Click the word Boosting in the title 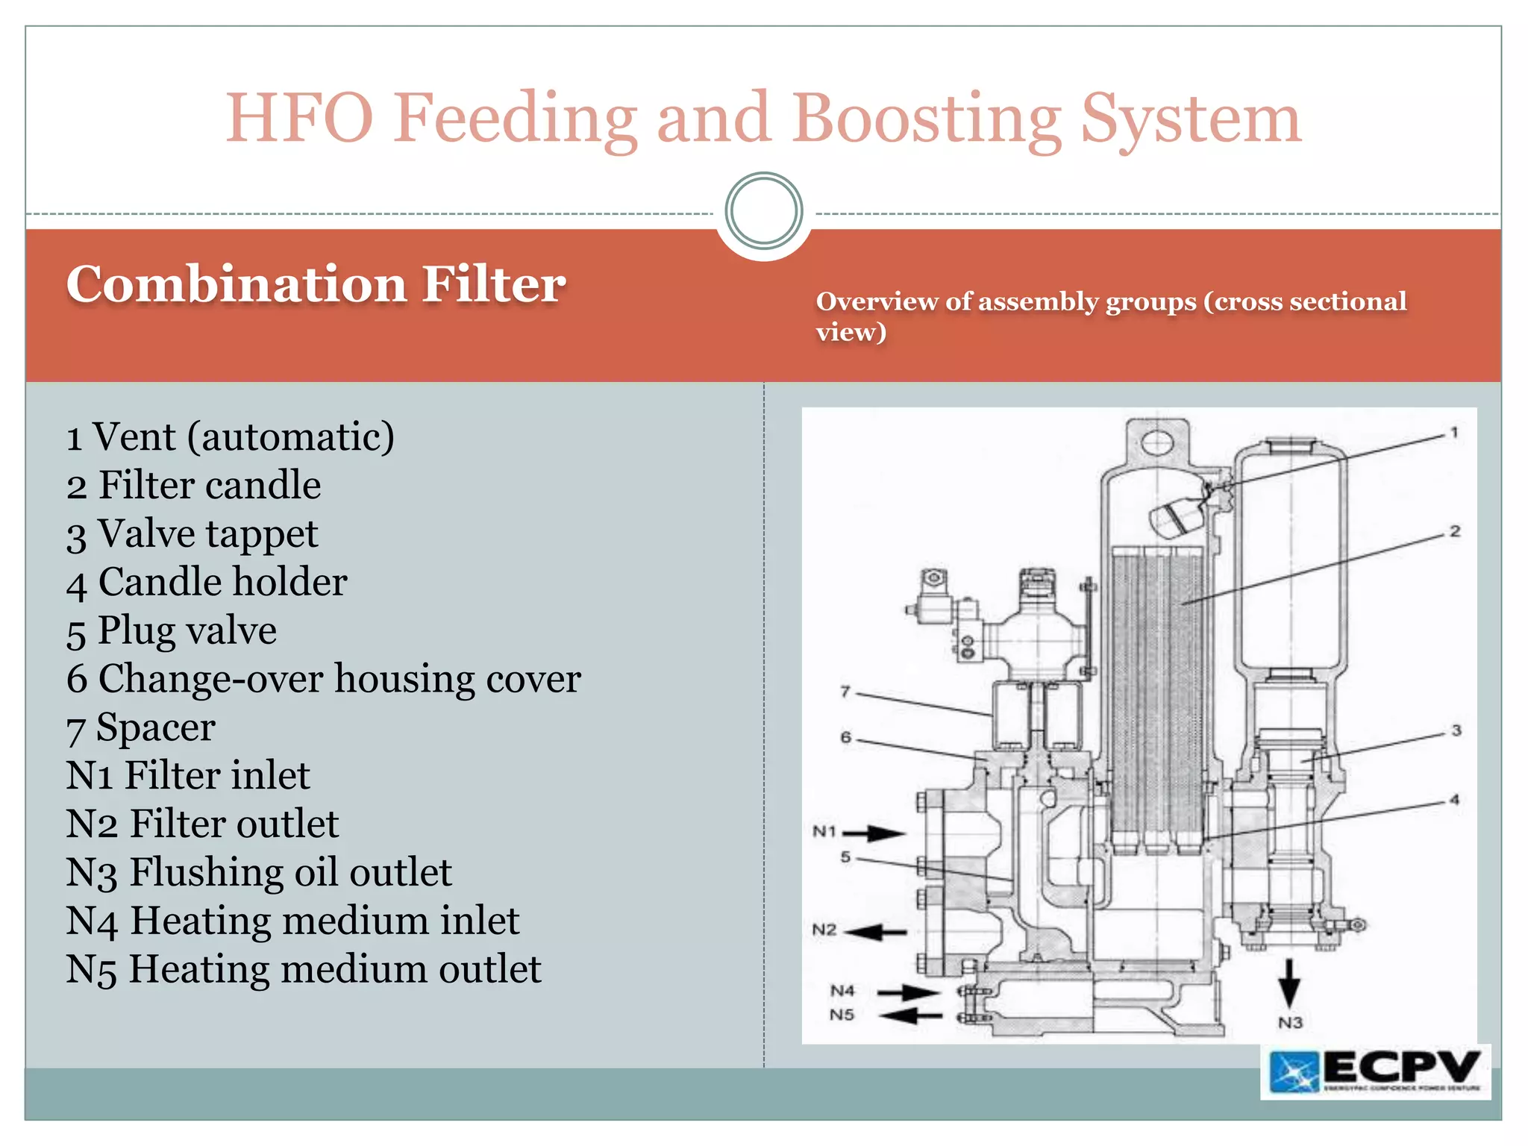[926, 119]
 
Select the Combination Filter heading [316, 284]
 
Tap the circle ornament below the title [763, 211]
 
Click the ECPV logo [1375, 1071]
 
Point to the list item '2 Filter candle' [193, 485]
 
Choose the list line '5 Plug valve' [172, 630]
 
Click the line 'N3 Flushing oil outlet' [258, 872]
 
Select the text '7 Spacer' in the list [141, 727]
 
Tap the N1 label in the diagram [824, 831]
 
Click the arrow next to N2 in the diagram [879, 931]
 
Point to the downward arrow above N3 [1289, 982]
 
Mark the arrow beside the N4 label [907, 992]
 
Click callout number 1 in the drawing [1453, 432]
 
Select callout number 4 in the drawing [1454, 800]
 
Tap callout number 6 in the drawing [845, 737]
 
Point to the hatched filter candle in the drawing [1156, 694]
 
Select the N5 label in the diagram [842, 1015]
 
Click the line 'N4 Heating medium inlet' [292, 921]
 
